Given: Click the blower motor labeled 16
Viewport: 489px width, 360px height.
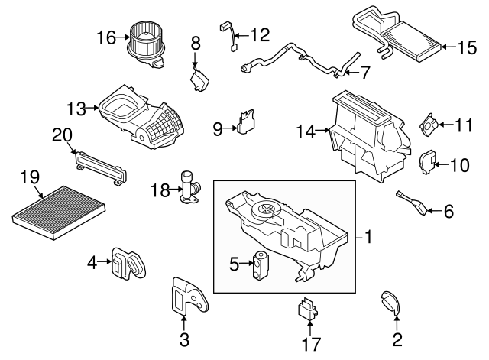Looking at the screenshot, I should pyautogui.click(x=145, y=44).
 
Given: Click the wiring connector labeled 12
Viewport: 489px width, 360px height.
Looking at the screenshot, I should pyautogui.click(x=227, y=38).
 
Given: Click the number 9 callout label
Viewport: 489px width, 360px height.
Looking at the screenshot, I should pyautogui.click(x=218, y=129).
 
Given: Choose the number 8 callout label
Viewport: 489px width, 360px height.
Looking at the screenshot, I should pyautogui.click(x=195, y=43).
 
